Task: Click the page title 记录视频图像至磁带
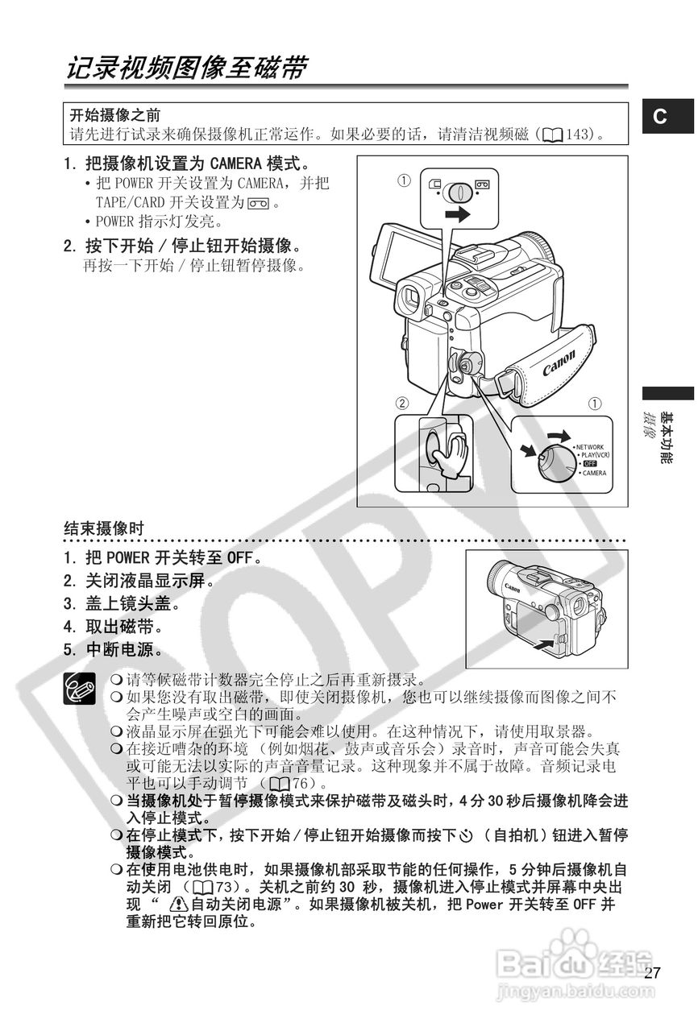click(x=186, y=68)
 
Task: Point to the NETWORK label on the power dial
click(x=589, y=446)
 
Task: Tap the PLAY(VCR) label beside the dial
click(x=594, y=455)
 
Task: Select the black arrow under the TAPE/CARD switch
click(x=457, y=214)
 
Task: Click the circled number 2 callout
click(x=401, y=403)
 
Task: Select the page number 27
click(x=653, y=973)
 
